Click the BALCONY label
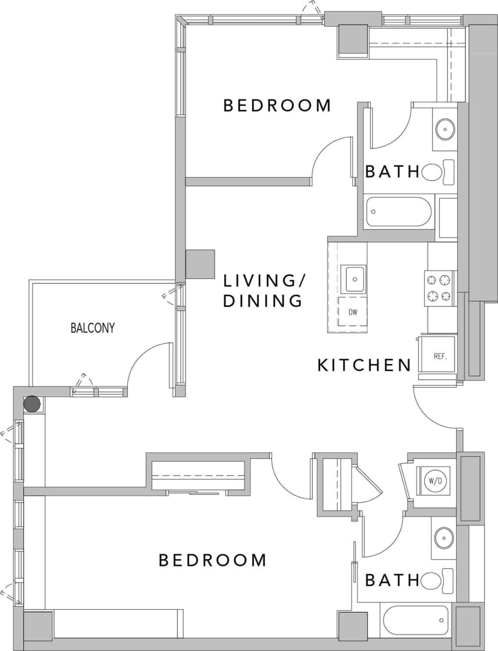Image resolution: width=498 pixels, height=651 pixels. (x=92, y=328)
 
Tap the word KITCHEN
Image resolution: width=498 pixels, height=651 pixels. (x=364, y=365)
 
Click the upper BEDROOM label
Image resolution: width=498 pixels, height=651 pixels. (x=278, y=105)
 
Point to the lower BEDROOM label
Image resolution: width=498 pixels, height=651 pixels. (x=213, y=560)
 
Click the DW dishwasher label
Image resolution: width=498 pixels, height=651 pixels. (x=352, y=312)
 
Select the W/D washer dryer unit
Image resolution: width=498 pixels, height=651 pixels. (x=434, y=480)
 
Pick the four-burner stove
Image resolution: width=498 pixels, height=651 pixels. (x=439, y=288)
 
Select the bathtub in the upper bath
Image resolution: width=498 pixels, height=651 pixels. (x=399, y=212)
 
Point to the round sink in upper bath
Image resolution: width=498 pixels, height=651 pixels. (x=445, y=129)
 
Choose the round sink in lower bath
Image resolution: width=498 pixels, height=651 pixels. (x=444, y=537)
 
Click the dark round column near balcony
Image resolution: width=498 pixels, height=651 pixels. (x=32, y=404)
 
